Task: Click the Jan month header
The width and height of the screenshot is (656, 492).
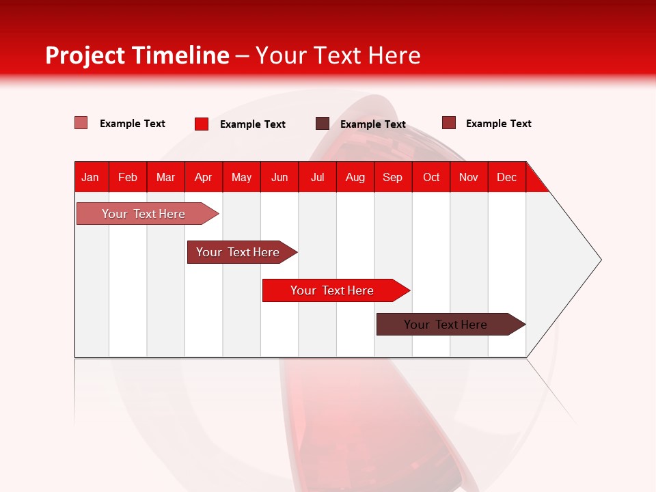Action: pyautogui.click(x=90, y=177)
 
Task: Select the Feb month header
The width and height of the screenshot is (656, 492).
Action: pyautogui.click(x=128, y=177)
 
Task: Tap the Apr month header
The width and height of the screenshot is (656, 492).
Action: pyautogui.click(x=204, y=177)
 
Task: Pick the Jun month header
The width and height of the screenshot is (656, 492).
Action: pyautogui.click(x=279, y=177)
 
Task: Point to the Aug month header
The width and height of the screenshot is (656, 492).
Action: pyautogui.click(x=355, y=177)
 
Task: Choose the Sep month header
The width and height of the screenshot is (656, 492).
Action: pyautogui.click(x=393, y=177)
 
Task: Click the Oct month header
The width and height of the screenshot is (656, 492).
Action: pyautogui.click(x=431, y=177)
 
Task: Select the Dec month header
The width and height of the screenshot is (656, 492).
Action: pyautogui.click(x=507, y=177)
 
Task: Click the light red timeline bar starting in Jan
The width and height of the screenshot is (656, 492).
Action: pyautogui.click(x=143, y=214)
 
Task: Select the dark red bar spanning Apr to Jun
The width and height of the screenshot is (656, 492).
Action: pyautogui.click(x=238, y=252)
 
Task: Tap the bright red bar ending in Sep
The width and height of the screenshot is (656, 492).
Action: pyautogui.click(x=332, y=290)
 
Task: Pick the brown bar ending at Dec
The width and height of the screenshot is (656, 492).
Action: pyautogui.click(x=446, y=325)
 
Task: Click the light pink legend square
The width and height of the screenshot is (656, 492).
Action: pyautogui.click(x=81, y=123)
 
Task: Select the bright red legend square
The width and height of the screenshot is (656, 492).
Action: pyautogui.click(x=202, y=124)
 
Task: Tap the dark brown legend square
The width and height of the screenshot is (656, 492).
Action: pyautogui.click(x=323, y=124)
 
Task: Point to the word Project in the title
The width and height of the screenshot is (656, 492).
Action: pyautogui.click(x=85, y=55)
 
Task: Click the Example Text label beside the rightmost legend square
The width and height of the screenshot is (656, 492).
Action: pyautogui.click(x=498, y=124)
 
